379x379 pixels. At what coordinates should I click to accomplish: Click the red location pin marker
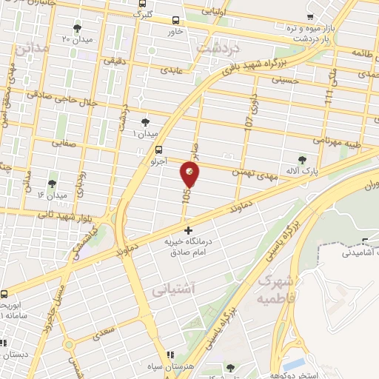tap(189, 174)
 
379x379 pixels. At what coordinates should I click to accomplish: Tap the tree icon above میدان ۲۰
tap(77, 28)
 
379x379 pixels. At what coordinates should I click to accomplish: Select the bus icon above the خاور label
tap(175, 21)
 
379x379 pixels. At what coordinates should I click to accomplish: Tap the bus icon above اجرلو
tap(158, 149)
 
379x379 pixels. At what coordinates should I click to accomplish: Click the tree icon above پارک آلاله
tap(301, 158)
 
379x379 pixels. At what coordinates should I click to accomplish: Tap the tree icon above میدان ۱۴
tap(52, 184)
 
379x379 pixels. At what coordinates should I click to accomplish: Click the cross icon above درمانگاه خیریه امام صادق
tap(188, 231)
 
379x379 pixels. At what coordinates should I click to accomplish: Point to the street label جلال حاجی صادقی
tap(57, 94)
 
